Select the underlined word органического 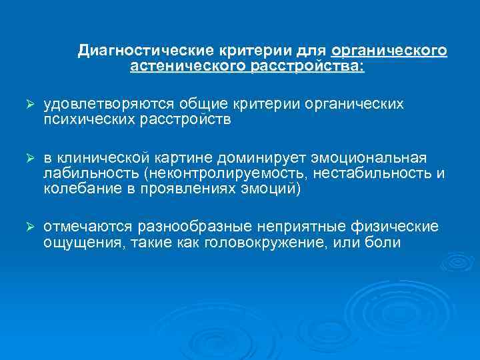[x=389, y=51]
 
